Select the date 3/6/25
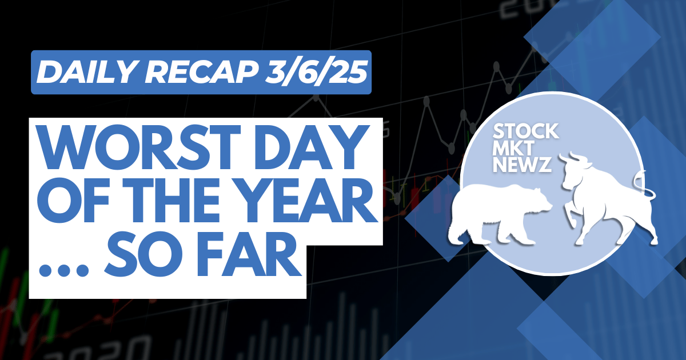316,72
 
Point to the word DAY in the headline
312,147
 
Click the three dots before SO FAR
63,271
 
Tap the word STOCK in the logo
525,131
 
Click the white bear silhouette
499,214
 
